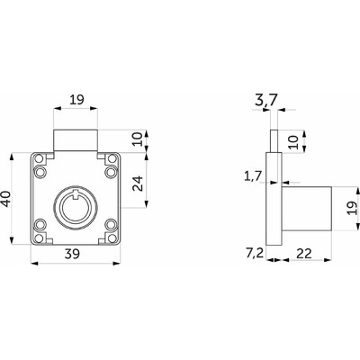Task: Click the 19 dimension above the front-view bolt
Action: tap(76, 99)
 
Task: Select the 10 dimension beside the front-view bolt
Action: tap(139, 140)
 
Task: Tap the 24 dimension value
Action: tap(139, 184)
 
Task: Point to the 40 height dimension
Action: tap(6, 199)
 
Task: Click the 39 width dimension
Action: tap(73, 254)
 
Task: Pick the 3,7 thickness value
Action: tap(266, 101)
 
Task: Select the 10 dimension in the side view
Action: tap(294, 142)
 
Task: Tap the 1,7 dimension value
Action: tap(253, 176)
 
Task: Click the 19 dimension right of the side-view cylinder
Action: tap(353, 208)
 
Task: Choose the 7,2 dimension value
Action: tap(255, 254)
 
